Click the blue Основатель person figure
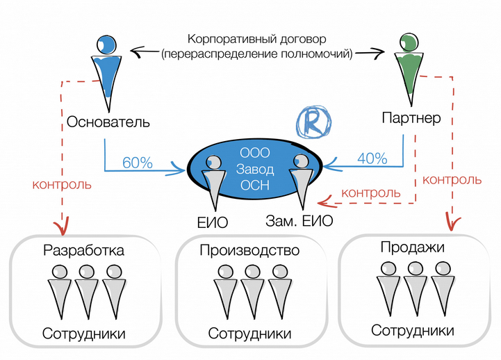[x=106, y=66]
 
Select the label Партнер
[x=411, y=118]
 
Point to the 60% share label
[x=137, y=163]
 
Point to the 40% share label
[x=372, y=158]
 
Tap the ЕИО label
[x=213, y=222]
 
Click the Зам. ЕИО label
[x=299, y=222]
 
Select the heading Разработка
[x=83, y=250]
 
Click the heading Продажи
[x=412, y=246]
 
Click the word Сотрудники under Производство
[x=250, y=334]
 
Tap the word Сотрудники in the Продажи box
[x=413, y=330]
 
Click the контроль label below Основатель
[x=61, y=186]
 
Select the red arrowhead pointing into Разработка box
[x=63, y=227]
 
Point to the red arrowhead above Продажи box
[x=452, y=224]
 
